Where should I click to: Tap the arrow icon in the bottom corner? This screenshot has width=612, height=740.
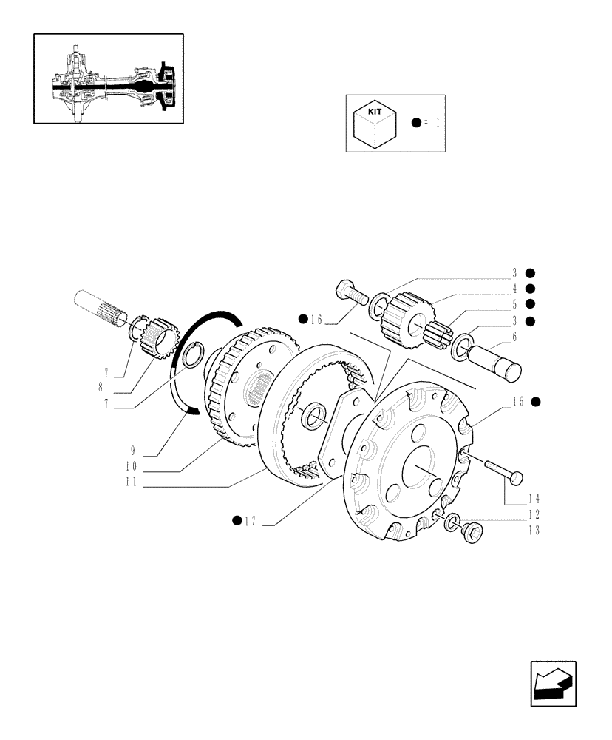click(x=552, y=684)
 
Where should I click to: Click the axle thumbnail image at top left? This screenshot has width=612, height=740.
click(x=109, y=78)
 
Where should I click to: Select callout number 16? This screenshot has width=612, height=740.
click(x=316, y=320)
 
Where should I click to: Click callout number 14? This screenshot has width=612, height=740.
click(x=534, y=499)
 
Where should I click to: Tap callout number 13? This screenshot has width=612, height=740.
click(x=534, y=530)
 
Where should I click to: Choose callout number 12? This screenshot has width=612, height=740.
click(x=534, y=514)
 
